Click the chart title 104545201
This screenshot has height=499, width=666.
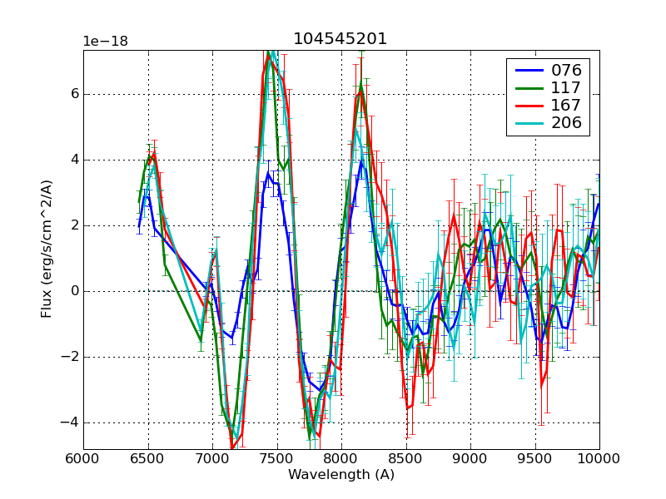pyautogui.click(x=340, y=39)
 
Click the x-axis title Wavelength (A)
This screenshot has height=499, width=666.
pyautogui.click(x=341, y=475)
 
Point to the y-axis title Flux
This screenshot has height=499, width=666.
pyautogui.click(x=47, y=249)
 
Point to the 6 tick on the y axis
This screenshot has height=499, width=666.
pyautogui.click(x=73, y=94)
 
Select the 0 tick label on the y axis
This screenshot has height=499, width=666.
pyautogui.click(x=73, y=291)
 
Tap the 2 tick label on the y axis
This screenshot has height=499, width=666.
pyautogui.click(x=73, y=225)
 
